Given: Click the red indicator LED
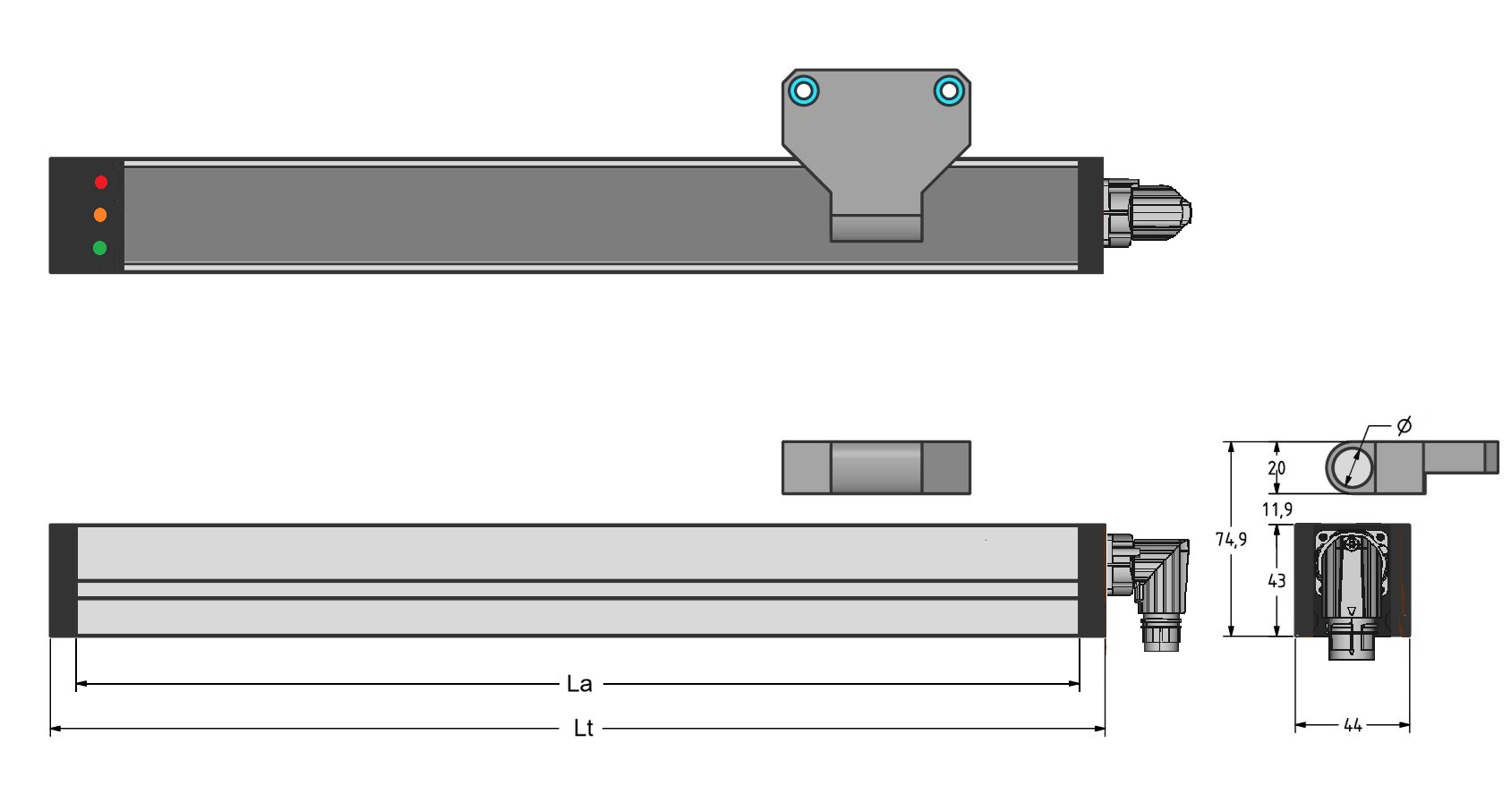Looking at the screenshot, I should (101, 183).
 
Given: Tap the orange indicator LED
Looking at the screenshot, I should (100, 215).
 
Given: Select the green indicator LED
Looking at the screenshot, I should (100, 248).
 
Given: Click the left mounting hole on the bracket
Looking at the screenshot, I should (803, 90).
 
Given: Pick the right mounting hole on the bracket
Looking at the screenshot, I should (950, 90).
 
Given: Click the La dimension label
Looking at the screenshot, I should (579, 684).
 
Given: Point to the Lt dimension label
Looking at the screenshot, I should (583, 729).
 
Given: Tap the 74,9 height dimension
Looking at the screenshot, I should (1231, 539).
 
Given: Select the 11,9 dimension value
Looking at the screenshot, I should (1276, 509).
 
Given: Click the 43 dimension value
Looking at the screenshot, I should (1276, 580).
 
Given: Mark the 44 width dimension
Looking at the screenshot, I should (1352, 725).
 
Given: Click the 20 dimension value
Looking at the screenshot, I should (1276, 467).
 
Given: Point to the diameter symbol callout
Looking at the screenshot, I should (1404, 426).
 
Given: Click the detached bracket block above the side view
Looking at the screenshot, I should (875, 467).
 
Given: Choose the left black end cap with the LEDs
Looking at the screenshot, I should (86, 215).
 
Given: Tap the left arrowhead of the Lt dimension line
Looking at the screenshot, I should (55, 729).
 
